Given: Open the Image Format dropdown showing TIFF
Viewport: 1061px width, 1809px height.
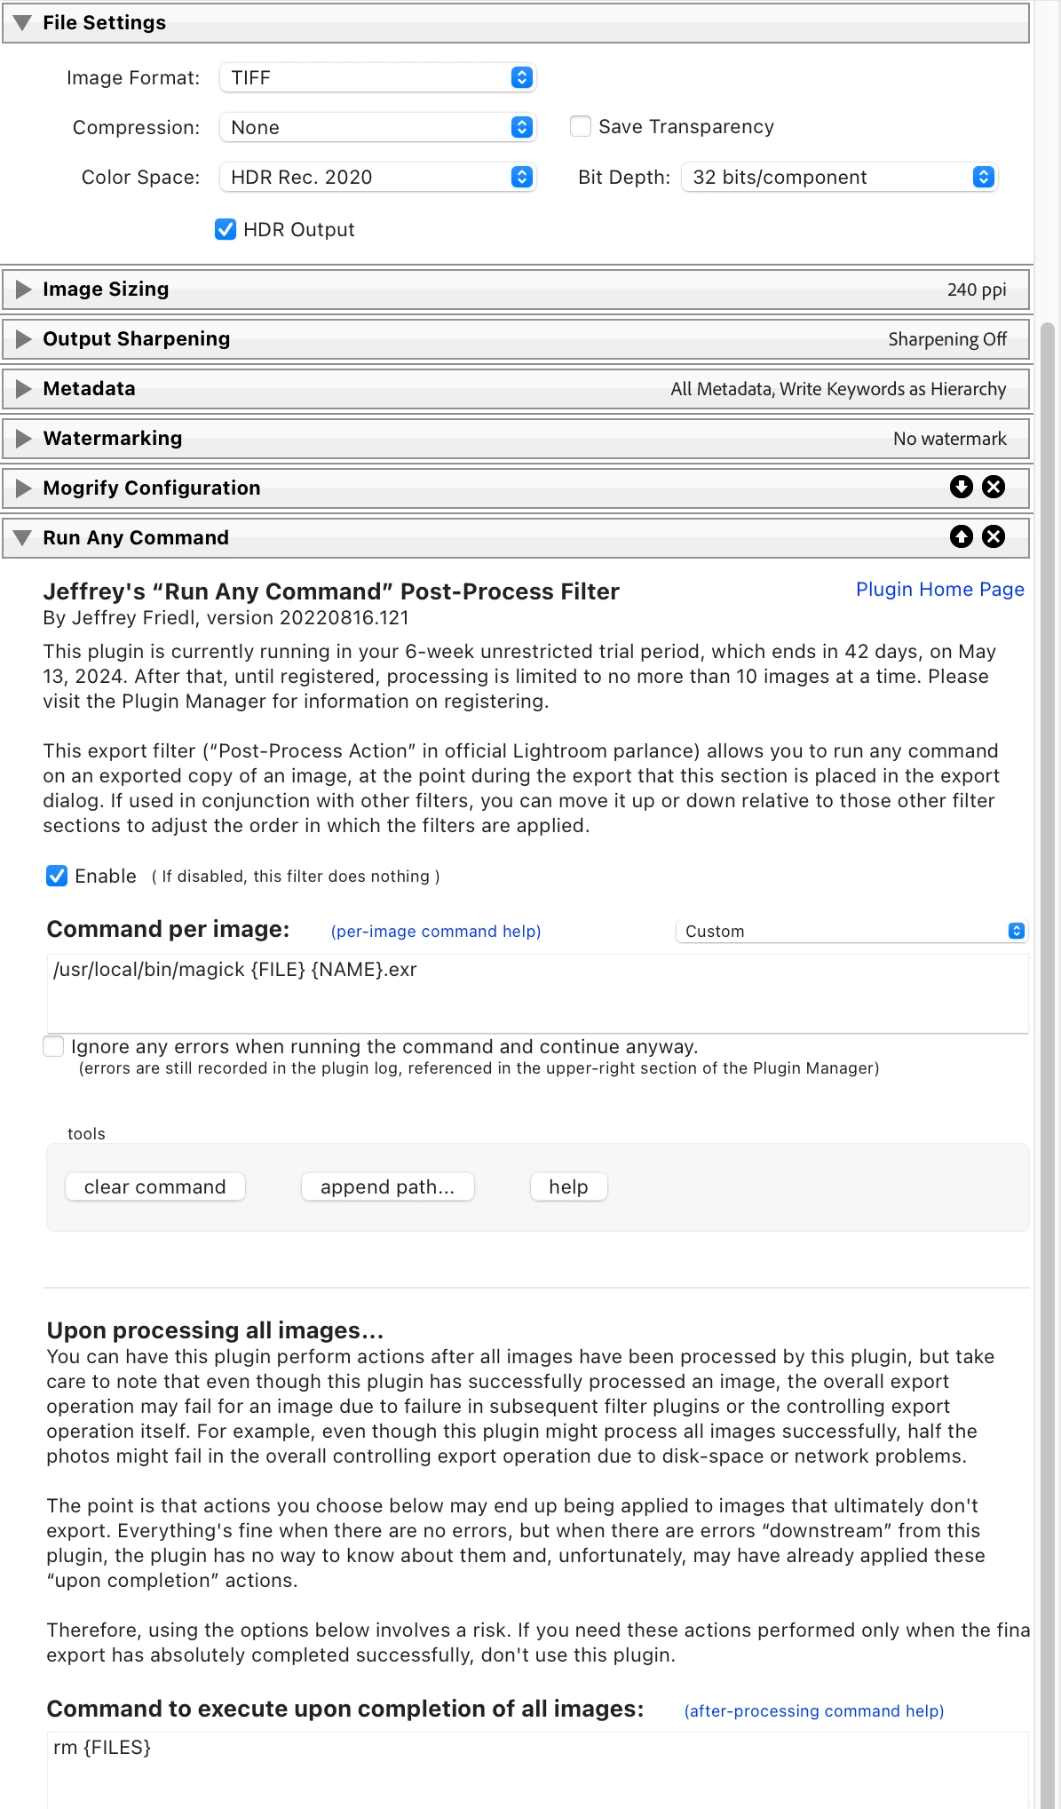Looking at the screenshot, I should coord(378,77).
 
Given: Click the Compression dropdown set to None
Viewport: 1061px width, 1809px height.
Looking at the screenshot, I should coord(378,127).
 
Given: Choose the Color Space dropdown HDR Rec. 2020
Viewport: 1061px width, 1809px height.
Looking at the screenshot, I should coord(378,177).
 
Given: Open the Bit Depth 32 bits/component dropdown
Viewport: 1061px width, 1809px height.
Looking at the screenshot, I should coord(840,177).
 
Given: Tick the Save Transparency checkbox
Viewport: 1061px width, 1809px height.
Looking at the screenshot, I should coord(581,126).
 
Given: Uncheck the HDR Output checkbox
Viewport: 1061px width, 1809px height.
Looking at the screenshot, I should coord(226,229).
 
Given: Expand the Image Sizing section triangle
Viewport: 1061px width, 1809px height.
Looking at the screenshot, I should coord(24,290).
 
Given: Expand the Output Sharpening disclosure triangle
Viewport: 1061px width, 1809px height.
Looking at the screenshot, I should coord(24,339).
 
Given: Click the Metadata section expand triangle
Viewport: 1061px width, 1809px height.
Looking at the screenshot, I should coord(24,389).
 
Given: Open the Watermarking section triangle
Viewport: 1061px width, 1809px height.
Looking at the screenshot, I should coord(24,439).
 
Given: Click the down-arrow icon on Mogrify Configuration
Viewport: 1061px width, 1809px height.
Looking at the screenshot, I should coord(962,487).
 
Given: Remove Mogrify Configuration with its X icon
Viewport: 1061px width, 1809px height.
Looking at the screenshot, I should coord(994,487).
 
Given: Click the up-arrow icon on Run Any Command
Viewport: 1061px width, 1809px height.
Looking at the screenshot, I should coord(962,536).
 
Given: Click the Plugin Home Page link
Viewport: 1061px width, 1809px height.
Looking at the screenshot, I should coord(939,590).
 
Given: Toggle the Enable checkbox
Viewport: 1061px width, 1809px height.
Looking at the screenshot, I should coord(57,876).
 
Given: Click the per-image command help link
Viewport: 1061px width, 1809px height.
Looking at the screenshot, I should coord(436,931).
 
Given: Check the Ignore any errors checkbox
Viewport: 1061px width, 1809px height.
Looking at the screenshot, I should coord(54,1046).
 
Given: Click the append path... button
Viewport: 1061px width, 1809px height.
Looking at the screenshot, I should coord(387,1186).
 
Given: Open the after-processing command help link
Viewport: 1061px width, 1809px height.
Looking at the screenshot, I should coord(813,1710).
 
